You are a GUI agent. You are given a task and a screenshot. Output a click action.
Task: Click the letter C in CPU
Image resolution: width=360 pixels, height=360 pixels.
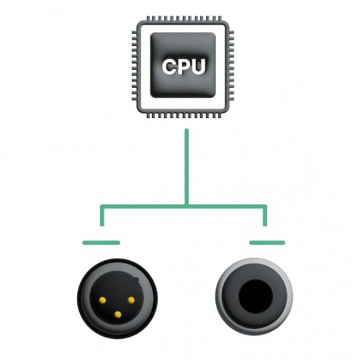tap(170, 66)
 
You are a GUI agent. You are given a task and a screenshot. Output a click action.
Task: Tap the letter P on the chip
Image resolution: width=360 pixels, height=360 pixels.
tap(184, 66)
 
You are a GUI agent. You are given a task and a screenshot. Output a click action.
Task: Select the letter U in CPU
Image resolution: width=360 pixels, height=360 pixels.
tap(199, 67)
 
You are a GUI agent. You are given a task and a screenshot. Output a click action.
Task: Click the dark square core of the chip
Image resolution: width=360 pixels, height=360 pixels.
tap(183, 65)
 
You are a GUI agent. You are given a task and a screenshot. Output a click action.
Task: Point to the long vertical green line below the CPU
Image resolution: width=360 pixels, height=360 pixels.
tap(186, 167)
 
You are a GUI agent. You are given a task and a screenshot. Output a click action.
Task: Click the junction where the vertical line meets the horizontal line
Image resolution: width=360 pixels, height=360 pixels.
tap(186, 207)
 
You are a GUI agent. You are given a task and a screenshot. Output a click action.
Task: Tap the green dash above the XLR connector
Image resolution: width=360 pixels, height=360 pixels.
tap(101, 243)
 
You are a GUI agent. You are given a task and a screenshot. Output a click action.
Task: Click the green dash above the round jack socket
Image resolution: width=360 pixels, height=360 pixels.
tap(267, 243)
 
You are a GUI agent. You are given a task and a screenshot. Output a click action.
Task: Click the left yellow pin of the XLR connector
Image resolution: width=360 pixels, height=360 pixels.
tap(102, 300)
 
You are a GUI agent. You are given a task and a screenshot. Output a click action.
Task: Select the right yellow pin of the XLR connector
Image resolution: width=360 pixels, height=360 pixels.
tap(131, 300)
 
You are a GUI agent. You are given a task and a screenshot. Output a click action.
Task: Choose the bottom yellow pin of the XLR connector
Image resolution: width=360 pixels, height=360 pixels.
tap(117, 315)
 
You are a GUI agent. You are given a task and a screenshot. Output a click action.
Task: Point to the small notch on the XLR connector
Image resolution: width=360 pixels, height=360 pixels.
tap(136, 279)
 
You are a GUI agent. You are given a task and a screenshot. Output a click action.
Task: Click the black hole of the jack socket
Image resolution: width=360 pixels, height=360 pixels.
tap(256, 296)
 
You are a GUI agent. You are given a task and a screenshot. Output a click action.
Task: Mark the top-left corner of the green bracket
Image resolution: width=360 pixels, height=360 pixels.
tap(102, 206)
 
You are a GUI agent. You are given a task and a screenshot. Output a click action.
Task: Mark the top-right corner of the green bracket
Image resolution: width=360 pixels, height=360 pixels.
tap(266, 206)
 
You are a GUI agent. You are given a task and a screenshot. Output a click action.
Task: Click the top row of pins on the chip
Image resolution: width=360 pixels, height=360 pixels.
tap(184, 19)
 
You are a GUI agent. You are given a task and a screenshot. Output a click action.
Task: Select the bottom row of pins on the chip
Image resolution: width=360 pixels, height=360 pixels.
tap(184, 115)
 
